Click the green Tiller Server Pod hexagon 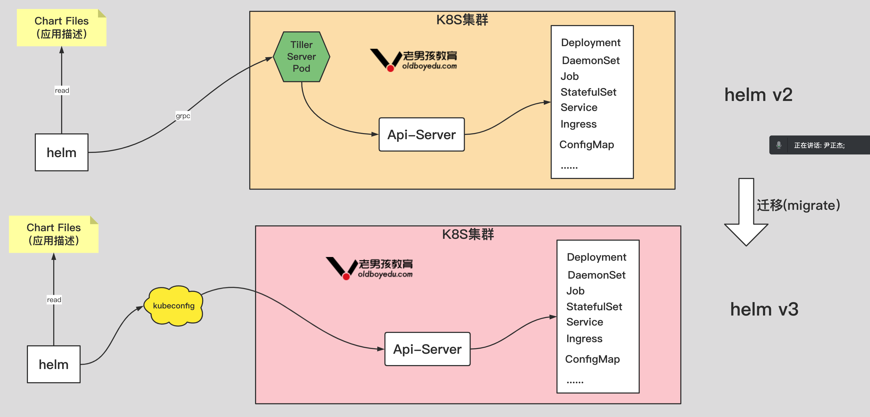click(x=301, y=57)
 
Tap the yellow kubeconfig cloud click(x=174, y=306)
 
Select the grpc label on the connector click(x=183, y=116)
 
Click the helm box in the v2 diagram click(x=61, y=152)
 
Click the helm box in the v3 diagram click(x=54, y=364)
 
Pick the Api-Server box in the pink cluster click(x=427, y=349)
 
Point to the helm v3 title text click(x=764, y=309)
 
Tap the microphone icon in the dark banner click(x=779, y=145)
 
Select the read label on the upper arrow click(x=62, y=90)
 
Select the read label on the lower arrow click(x=54, y=300)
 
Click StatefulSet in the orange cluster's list click(x=588, y=92)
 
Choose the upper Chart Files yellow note click(x=61, y=28)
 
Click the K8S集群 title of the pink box click(x=468, y=234)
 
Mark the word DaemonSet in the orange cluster click(x=590, y=60)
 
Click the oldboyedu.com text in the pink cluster click(x=385, y=274)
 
